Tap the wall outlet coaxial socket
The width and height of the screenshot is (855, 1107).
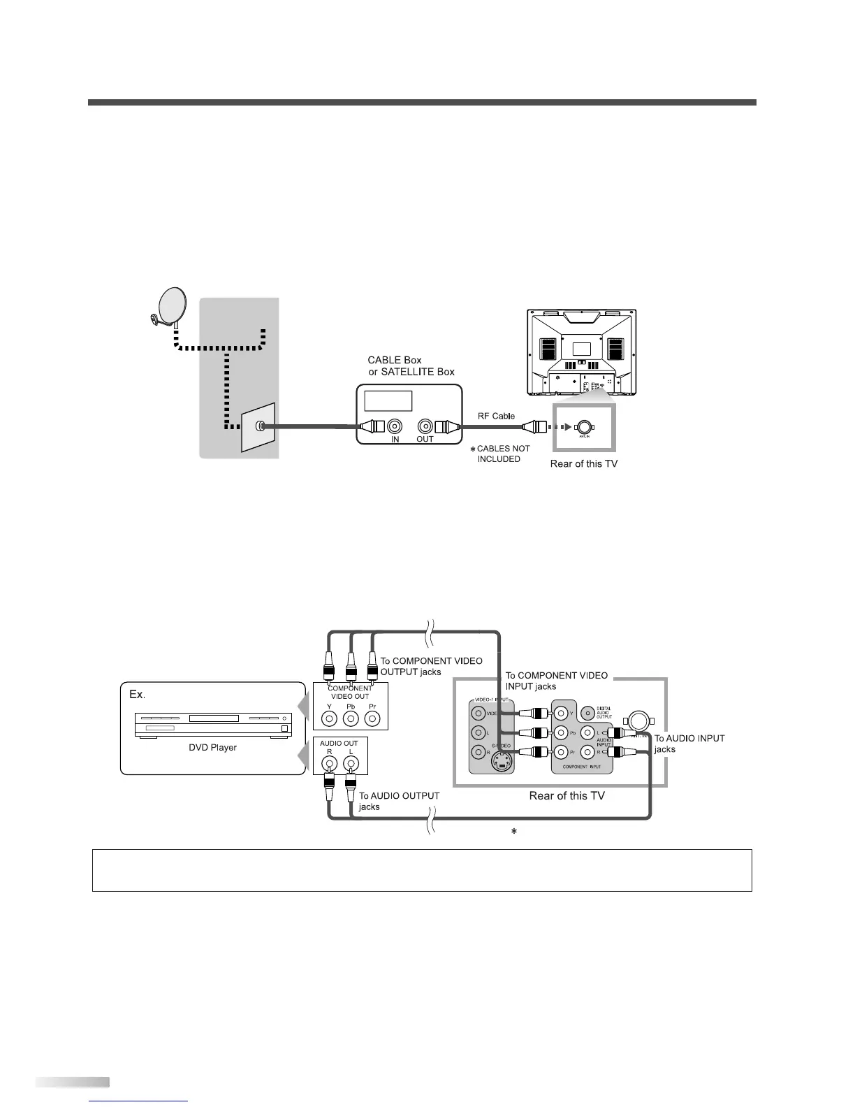click(261, 426)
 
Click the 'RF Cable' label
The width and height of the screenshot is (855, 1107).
click(496, 416)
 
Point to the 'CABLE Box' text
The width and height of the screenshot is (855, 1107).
click(395, 361)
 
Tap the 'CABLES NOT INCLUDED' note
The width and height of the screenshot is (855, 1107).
click(502, 454)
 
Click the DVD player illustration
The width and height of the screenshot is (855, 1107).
click(212, 724)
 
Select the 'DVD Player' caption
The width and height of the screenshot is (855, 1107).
click(212, 747)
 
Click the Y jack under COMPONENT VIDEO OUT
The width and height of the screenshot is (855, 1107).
click(329, 718)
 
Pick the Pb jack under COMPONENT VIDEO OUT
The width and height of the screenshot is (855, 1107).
click(351, 718)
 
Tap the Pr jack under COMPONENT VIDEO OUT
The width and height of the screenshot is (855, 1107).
click(372, 718)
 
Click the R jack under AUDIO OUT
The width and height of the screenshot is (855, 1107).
click(329, 764)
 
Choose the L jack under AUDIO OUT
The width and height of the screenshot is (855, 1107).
click(351, 764)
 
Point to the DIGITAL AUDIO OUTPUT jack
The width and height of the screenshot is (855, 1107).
click(587, 712)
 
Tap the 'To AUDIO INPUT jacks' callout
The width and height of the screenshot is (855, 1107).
click(689, 743)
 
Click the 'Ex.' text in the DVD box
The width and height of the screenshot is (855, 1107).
click(137, 694)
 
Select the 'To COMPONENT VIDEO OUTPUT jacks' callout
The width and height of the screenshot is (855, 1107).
click(430, 666)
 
